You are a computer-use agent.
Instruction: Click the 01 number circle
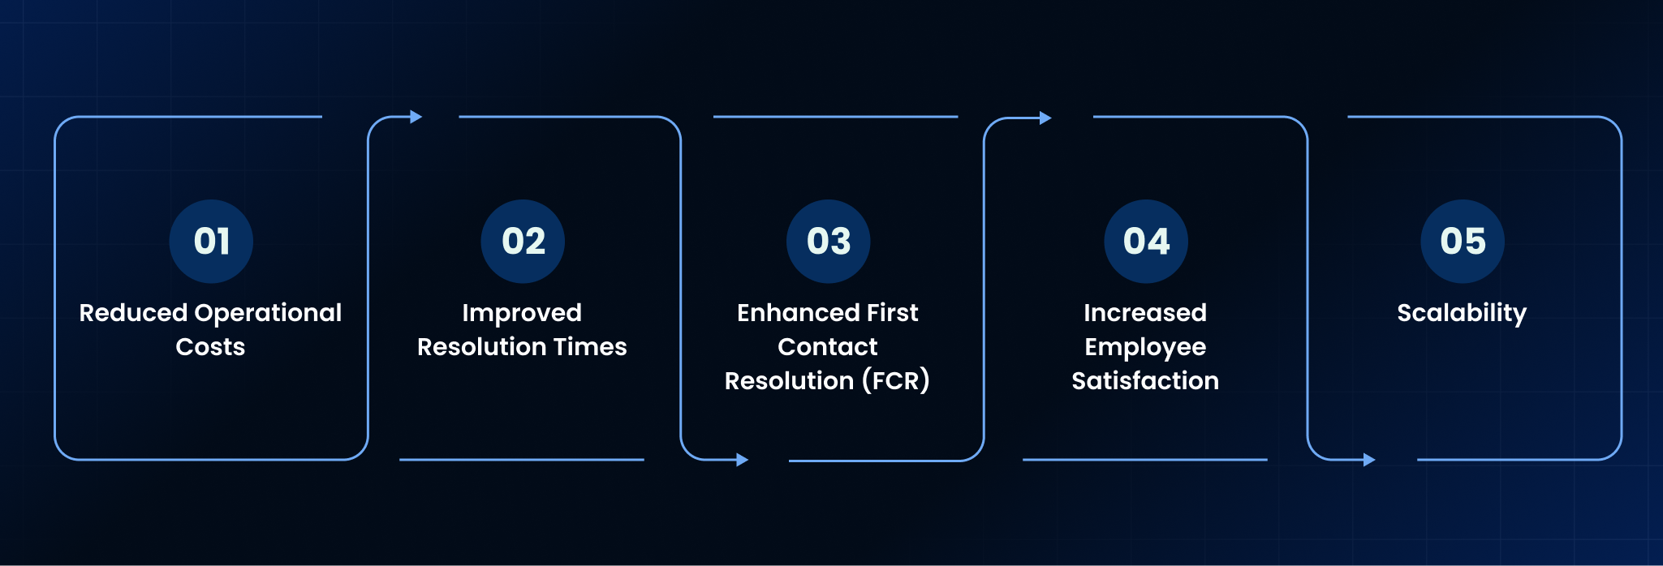click(x=211, y=242)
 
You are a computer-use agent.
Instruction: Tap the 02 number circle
click(x=523, y=242)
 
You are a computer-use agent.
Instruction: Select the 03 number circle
click(x=828, y=242)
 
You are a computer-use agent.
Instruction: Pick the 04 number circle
click(x=1146, y=242)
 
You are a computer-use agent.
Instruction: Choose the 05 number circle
click(x=1463, y=242)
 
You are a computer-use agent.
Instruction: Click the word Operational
click(x=269, y=314)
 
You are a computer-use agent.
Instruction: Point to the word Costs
click(x=210, y=347)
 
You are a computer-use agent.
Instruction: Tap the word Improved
click(x=522, y=314)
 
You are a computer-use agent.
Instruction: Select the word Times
click(x=590, y=347)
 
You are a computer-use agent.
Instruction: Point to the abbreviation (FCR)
click(x=896, y=381)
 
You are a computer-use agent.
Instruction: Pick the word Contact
click(x=828, y=347)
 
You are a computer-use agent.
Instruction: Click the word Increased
click(x=1145, y=313)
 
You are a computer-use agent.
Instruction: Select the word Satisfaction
click(x=1145, y=381)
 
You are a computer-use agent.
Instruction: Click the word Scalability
click(x=1462, y=314)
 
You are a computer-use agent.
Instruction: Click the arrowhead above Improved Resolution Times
click(x=416, y=117)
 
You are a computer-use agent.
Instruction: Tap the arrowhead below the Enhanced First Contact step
click(x=742, y=460)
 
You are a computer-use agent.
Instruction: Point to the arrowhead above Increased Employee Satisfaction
click(x=1045, y=118)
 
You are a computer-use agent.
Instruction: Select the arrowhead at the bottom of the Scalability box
click(x=1369, y=460)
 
